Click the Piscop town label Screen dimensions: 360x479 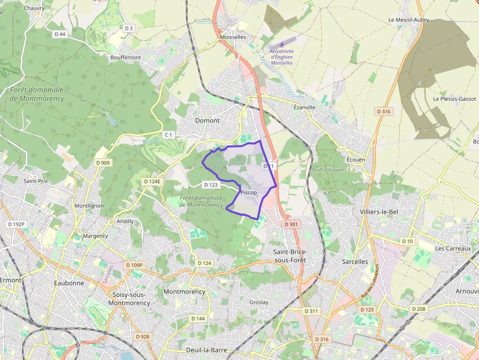click(x=248, y=193)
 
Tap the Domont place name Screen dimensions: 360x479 click(x=207, y=121)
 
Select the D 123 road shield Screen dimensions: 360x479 click(x=210, y=185)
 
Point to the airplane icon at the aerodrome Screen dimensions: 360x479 click(x=282, y=45)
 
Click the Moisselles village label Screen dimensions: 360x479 click(x=233, y=37)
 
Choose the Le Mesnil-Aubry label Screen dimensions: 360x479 click(x=408, y=20)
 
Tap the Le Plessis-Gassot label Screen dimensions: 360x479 click(x=454, y=99)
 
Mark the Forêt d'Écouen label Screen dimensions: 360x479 click(x=327, y=170)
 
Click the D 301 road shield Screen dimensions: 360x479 click(x=290, y=224)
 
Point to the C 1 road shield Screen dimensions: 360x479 click(x=169, y=134)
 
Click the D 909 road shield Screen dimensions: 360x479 click(x=103, y=163)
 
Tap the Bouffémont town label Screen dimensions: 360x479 click(x=126, y=58)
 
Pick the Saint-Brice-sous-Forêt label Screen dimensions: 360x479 click(x=290, y=256)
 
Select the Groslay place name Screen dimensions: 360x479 click(x=259, y=302)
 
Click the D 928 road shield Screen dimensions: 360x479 click(x=143, y=337)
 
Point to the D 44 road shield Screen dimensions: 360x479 click(x=60, y=34)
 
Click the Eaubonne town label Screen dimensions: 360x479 click(x=69, y=283)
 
